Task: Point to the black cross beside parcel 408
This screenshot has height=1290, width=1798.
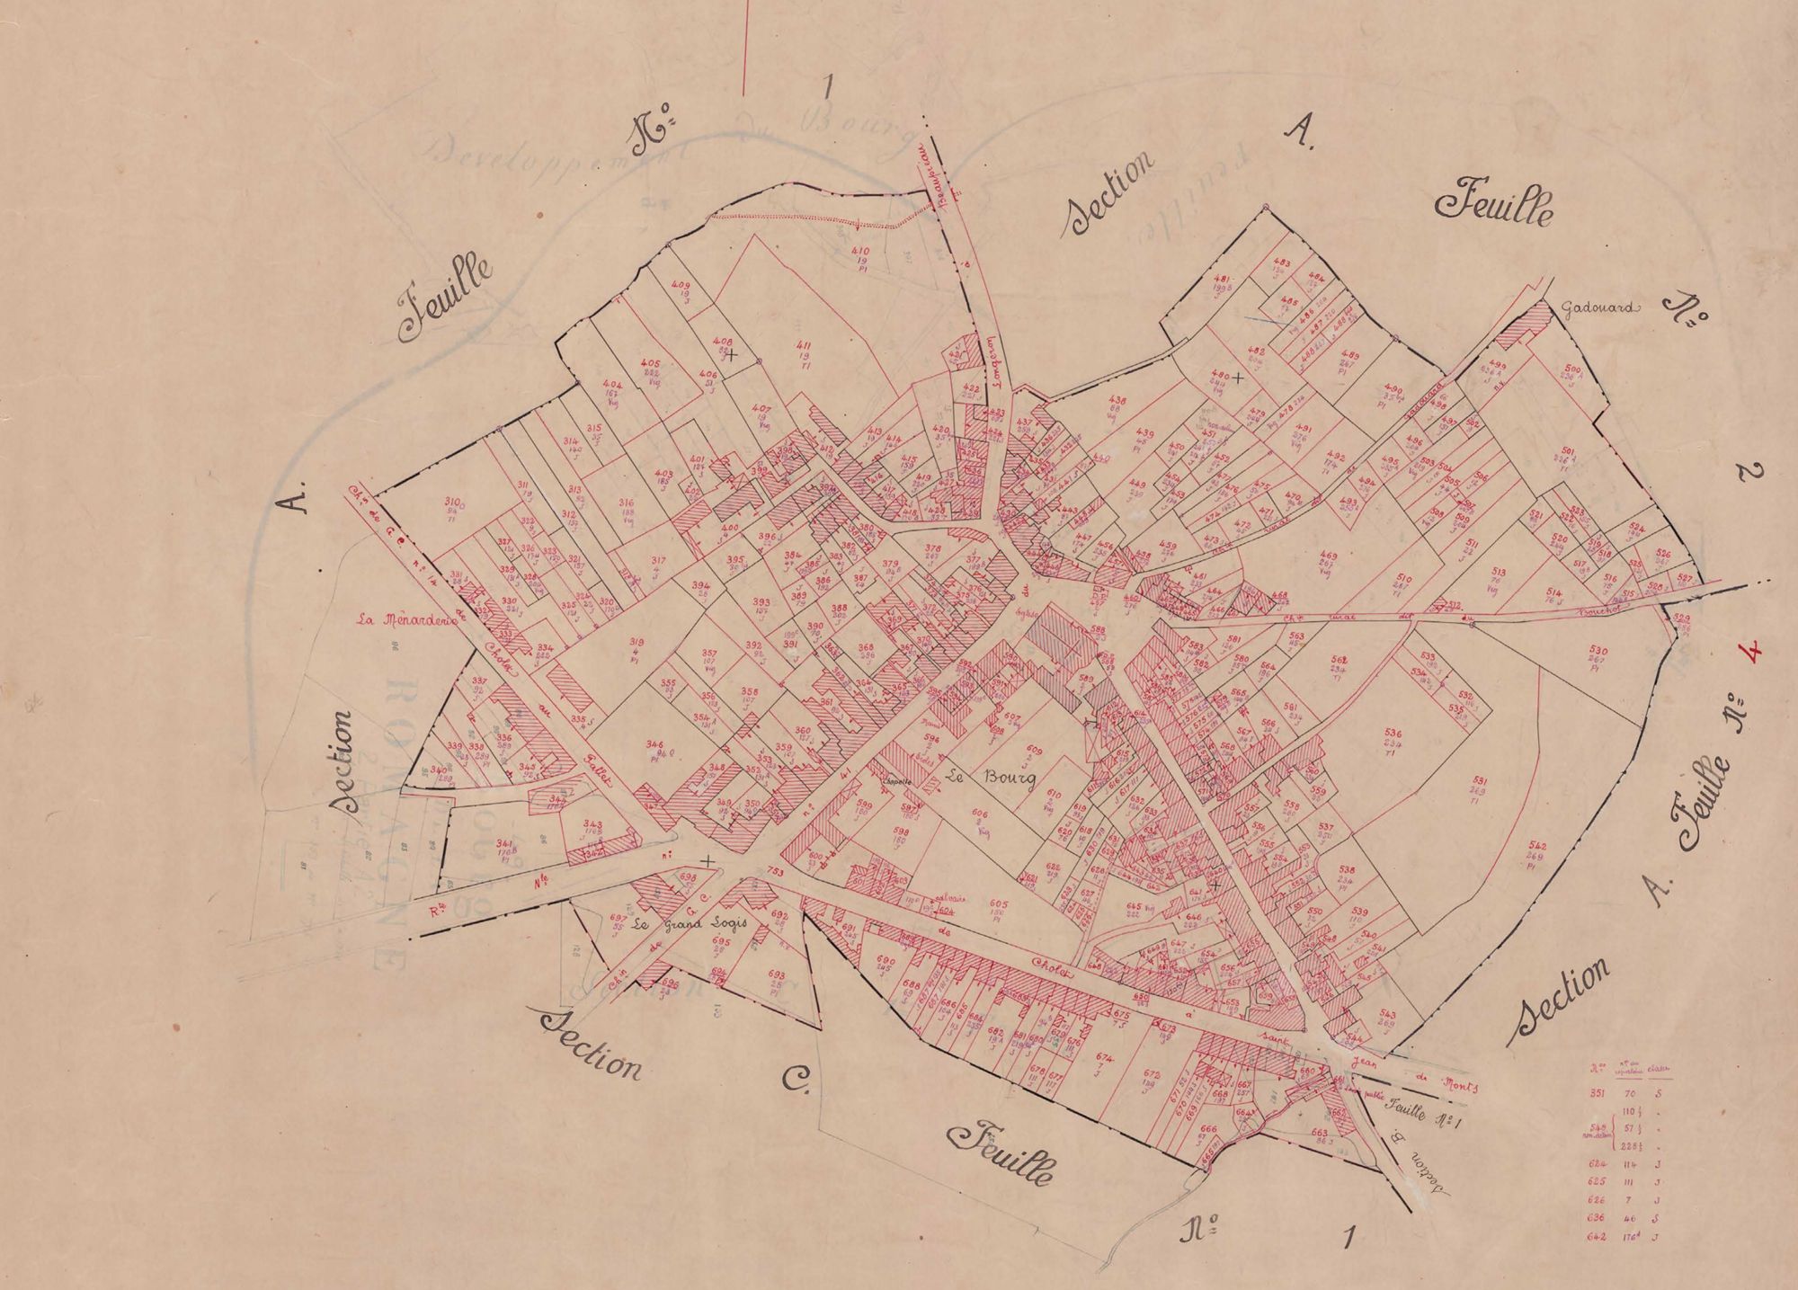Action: click(733, 355)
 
